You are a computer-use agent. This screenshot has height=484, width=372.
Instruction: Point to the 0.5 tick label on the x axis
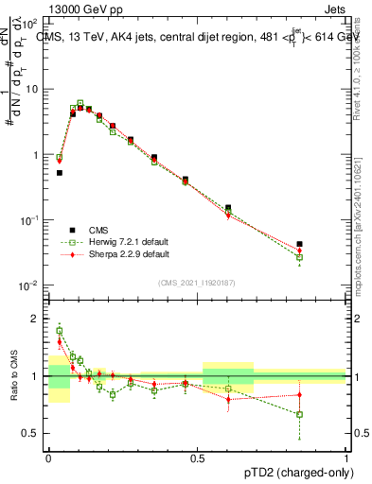click(198, 456)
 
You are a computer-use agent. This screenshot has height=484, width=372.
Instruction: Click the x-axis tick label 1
click(346, 456)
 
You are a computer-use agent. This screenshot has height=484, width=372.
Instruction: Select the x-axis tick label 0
click(48, 456)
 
